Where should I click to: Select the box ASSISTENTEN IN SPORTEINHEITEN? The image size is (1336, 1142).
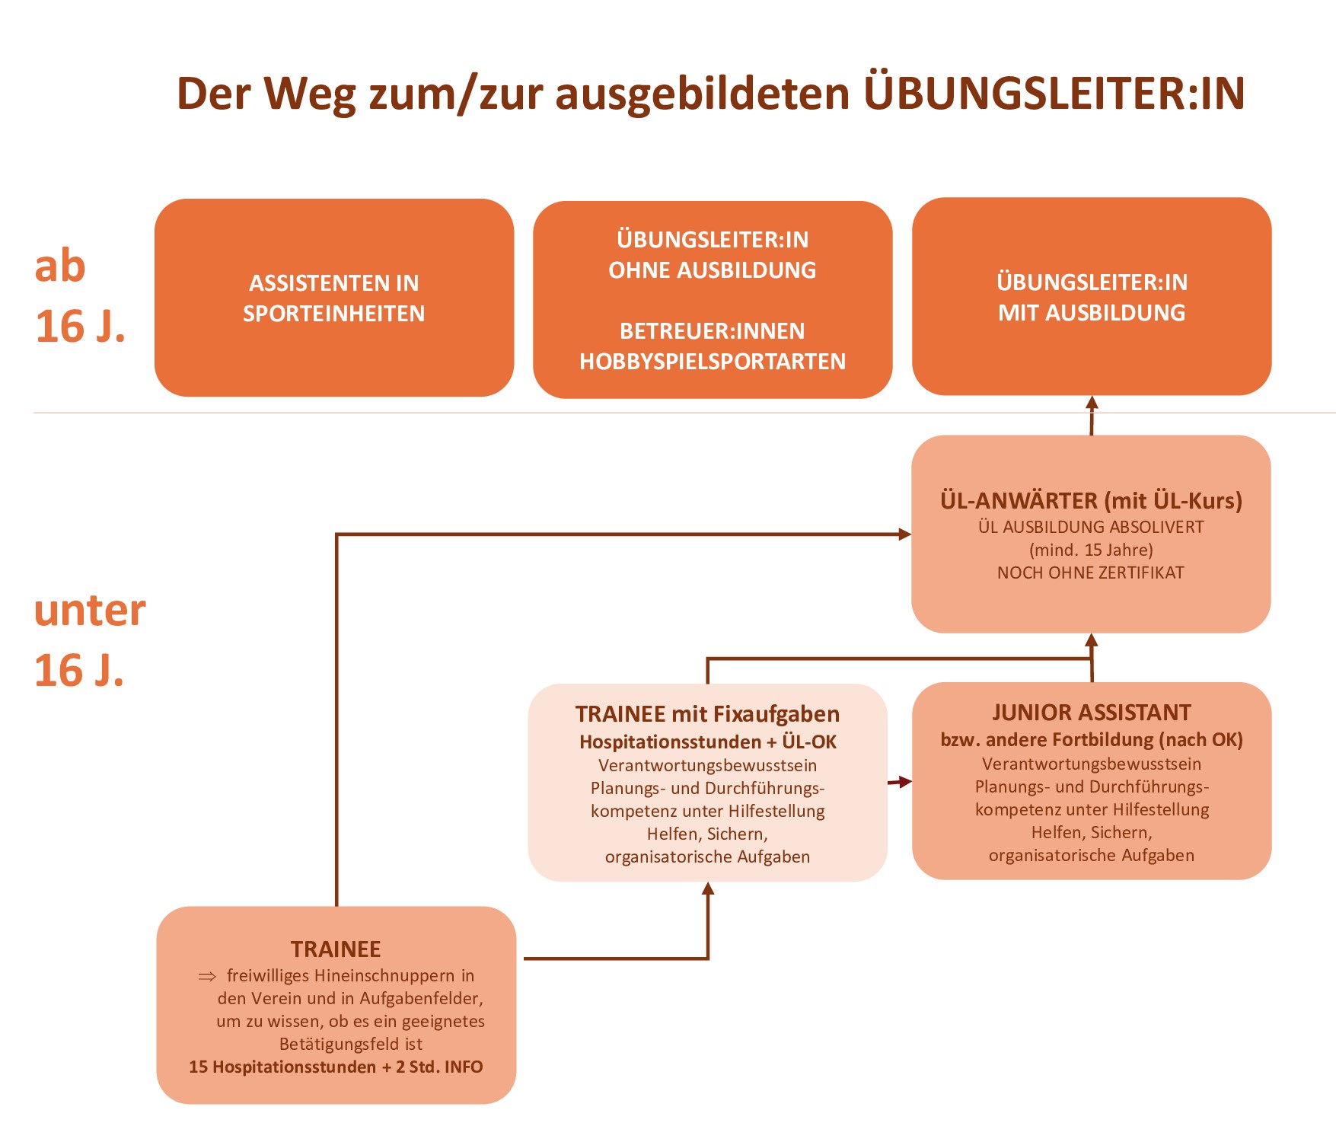pos(334,298)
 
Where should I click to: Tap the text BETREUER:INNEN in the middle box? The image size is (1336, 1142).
pos(713,331)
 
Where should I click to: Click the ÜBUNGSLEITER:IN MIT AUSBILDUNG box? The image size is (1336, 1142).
pos(1092,296)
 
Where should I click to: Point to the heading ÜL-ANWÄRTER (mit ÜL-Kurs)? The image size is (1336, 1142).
pos(1091,500)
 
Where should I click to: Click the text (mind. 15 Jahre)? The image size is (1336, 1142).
pos(1091,550)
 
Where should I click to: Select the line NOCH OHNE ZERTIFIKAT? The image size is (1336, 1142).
pos(1091,573)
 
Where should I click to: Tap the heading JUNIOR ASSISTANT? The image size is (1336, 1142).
pos(1091,713)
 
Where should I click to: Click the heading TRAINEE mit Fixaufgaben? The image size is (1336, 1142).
pos(707,714)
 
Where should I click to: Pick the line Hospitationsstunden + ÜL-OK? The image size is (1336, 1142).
pos(707,742)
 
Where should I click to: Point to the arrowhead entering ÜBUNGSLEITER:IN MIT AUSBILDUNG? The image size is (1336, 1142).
pos(1092,403)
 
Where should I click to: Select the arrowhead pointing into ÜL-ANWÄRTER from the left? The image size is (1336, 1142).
pos(904,534)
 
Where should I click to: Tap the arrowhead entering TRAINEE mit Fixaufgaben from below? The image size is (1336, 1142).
pos(708,889)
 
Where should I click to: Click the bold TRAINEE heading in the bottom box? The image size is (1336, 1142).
pos(336,949)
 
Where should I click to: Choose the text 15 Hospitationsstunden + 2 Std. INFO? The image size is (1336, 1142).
pos(336,1067)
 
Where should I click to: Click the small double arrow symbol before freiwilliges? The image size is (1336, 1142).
pos(207,976)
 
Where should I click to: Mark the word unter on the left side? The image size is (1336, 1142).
pos(90,611)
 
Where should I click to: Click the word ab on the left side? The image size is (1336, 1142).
pos(60,266)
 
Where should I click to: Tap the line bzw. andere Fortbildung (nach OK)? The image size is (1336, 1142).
pos(1091,740)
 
